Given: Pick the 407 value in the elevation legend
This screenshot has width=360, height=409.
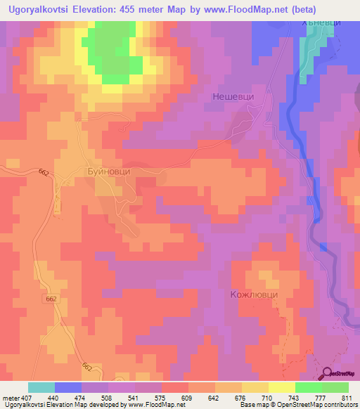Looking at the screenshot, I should pos(26,397).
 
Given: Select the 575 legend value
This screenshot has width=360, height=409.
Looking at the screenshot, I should pos(162,397).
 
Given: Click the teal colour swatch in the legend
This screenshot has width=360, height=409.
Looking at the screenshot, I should pos(41,387).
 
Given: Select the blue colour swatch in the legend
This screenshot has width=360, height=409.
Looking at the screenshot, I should pos(68,387).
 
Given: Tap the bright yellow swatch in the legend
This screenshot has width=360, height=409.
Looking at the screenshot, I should pos(281,387).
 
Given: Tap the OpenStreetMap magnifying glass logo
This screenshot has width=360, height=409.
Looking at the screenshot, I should pos(328,373).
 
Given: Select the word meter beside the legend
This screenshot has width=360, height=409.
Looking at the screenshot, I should pos(10,397).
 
